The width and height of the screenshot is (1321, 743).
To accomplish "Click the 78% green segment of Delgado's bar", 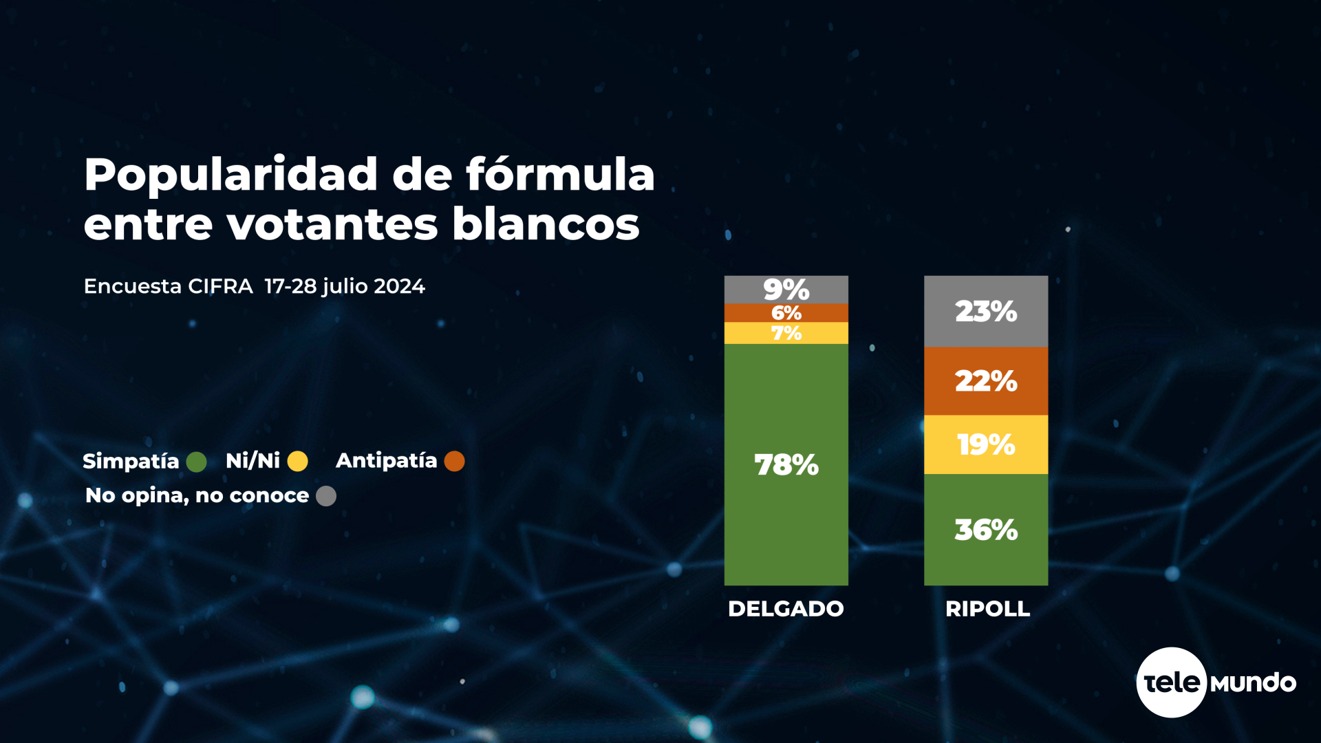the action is click(x=786, y=464).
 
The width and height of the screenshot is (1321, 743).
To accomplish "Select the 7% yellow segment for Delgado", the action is click(x=786, y=333).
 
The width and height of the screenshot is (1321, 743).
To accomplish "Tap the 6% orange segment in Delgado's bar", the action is click(x=786, y=313).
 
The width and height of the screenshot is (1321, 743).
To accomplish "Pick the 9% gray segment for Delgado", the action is click(x=786, y=290).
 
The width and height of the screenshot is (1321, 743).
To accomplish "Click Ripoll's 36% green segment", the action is click(x=986, y=530).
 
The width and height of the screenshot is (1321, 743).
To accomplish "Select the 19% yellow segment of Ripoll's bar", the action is click(x=986, y=444).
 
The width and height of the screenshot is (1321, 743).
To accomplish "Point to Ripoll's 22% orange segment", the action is click(x=986, y=380).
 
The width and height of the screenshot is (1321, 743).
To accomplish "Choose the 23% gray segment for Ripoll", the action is click(x=986, y=311).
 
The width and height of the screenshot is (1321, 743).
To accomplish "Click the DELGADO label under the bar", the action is click(x=786, y=609).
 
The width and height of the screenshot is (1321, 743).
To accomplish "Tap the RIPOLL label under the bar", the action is click(x=987, y=609).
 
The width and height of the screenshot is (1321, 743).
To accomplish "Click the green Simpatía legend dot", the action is click(x=196, y=462).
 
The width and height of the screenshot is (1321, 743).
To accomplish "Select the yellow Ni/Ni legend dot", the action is click(x=297, y=461).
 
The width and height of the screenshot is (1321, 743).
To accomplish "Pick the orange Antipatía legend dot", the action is click(x=454, y=461).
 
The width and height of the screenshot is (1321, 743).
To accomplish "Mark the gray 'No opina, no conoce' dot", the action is click(x=326, y=496).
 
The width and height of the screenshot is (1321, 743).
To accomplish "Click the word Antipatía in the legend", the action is click(x=386, y=461).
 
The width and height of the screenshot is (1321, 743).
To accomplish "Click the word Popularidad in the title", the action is click(x=231, y=175).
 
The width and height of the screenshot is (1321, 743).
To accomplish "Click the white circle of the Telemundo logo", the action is click(x=1171, y=682).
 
